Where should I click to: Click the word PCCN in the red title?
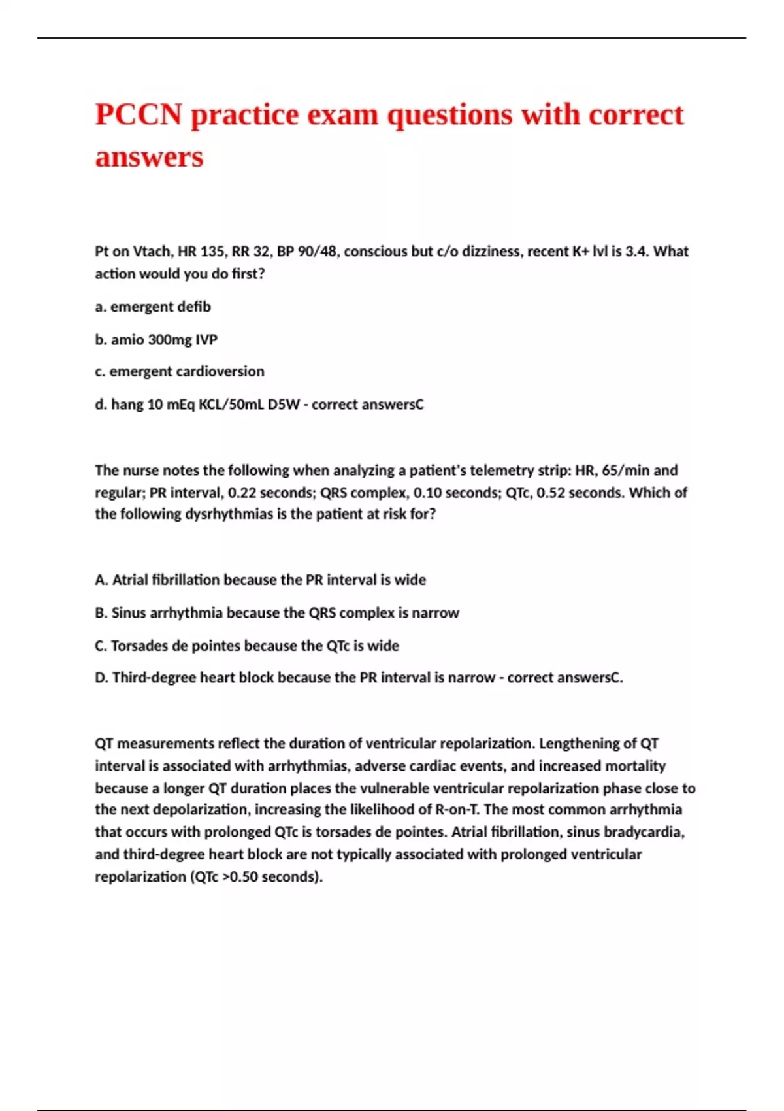point(139,115)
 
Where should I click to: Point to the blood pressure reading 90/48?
point(316,252)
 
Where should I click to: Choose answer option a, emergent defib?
point(153,307)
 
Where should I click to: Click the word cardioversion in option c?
point(220,372)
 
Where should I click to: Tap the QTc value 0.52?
point(550,493)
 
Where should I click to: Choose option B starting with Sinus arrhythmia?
point(277,613)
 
